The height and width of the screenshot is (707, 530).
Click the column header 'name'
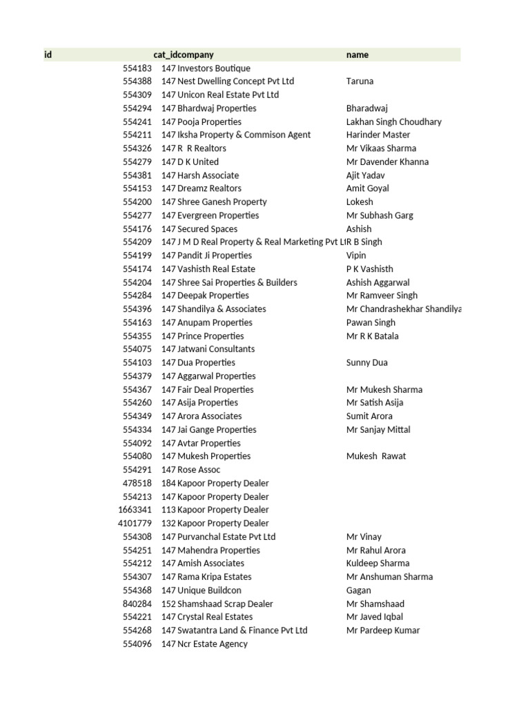pos(357,55)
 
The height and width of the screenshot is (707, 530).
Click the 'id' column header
pos(48,55)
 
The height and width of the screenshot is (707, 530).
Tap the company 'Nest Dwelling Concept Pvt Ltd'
pos(235,81)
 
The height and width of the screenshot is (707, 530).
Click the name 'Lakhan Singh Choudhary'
pos(393,122)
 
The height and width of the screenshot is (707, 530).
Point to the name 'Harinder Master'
pos(377,135)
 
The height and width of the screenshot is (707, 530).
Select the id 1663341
pos(135,510)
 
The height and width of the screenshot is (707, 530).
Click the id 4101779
pos(135,523)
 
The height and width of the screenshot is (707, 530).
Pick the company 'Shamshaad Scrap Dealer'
pos(225,603)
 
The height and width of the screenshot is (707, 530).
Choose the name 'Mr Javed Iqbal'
pos(375,617)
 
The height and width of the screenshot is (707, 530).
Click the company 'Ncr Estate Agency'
pos(213,644)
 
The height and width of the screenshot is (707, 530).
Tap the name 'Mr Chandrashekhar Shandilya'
pos(404,309)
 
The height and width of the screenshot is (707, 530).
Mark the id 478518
pos(137,483)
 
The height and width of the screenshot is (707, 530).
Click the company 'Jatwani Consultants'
pos(216,349)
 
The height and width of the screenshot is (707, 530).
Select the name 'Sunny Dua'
pos(366,362)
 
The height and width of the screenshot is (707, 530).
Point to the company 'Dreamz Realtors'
pos(209,188)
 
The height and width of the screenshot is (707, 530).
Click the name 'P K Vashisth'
pos(369,269)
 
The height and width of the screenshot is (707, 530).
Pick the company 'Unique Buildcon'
pos(209,590)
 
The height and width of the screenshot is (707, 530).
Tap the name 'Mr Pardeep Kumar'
pos(382,630)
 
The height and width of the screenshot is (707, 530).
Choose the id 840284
pos(137,603)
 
